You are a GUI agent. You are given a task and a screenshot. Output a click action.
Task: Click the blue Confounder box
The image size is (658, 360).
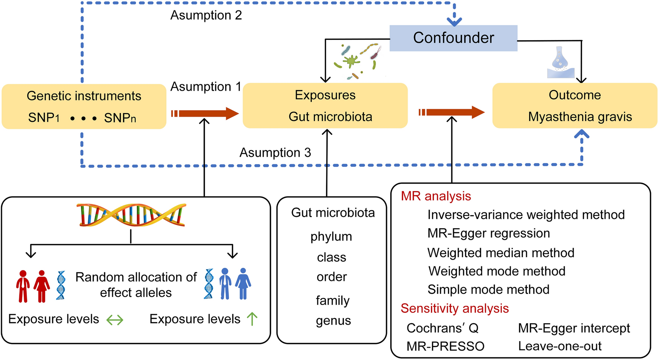(453, 38)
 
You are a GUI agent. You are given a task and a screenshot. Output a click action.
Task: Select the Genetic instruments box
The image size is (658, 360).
(84, 106)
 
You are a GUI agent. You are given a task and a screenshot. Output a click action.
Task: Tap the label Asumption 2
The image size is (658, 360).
(206, 15)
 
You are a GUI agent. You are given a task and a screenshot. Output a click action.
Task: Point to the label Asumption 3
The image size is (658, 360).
(275, 153)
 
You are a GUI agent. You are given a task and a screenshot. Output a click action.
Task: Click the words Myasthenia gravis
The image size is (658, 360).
(580, 117)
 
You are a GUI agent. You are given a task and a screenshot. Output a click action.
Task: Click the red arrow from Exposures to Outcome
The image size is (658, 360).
(452, 112)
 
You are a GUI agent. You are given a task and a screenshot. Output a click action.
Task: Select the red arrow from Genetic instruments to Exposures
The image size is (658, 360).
(205, 113)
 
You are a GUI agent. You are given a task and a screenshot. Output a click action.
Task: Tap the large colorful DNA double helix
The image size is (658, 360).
(131, 215)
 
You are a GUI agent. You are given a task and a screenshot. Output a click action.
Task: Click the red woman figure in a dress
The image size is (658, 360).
(42, 286)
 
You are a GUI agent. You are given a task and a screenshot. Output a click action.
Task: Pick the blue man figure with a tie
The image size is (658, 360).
(225, 284)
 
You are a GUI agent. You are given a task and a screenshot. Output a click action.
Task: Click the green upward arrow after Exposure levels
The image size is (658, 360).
(252, 319)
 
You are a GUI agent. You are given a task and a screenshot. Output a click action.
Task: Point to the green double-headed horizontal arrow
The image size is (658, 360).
(115, 320)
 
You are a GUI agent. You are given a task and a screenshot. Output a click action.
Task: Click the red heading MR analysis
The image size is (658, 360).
(436, 196)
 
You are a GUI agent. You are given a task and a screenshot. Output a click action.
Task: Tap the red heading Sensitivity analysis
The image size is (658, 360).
(455, 308)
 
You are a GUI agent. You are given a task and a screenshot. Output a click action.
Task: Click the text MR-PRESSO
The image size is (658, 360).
(445, 346)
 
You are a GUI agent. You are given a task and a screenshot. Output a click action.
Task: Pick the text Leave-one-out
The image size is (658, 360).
(560, 346)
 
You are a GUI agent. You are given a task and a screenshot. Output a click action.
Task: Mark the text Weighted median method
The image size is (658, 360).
(501, 253)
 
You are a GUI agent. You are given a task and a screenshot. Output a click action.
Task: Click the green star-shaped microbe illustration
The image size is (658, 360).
(351, 60)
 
